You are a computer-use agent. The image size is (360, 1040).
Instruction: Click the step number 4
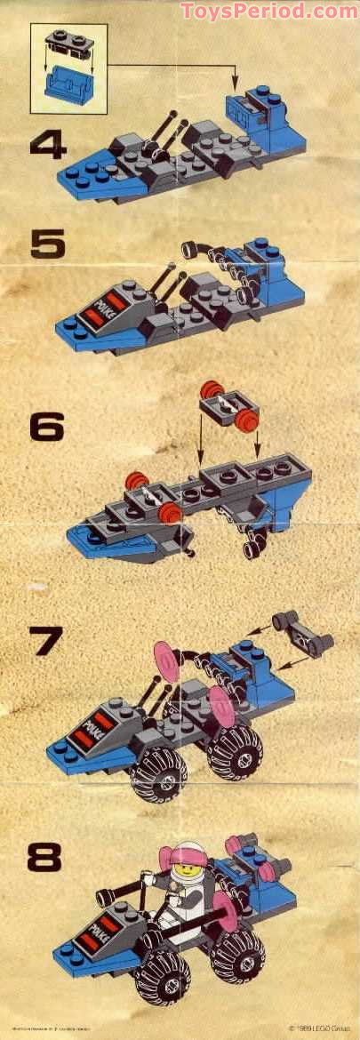(x=48, y=143)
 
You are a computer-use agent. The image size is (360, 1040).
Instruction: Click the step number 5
(x=47, y=242)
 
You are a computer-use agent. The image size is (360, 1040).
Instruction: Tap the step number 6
(x=47, y=428)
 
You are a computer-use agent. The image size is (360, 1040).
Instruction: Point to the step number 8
(x=44, y=858)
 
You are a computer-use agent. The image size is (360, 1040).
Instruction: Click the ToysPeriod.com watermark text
(x=268, y=12)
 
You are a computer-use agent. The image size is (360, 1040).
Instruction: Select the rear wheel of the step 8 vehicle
(x=237, y=955)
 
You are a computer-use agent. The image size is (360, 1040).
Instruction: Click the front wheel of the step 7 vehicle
(x=159, y=776)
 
